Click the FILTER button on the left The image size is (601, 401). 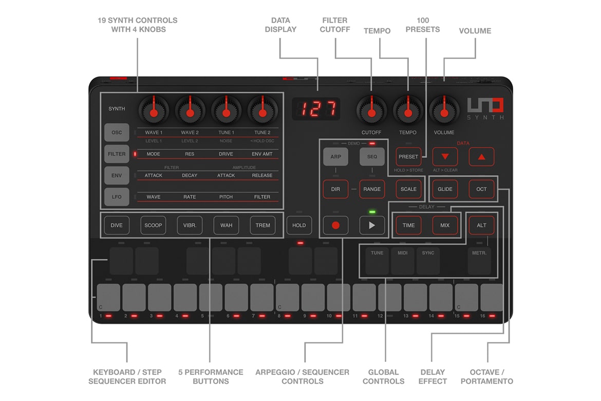coord(117,154)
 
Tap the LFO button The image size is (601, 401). coord(117,197)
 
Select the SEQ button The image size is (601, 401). coord(372,157)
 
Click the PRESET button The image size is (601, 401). coord(408,157)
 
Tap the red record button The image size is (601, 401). coord(335,225)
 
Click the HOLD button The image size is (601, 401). coord(299,225)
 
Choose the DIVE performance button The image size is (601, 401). coord(117,225)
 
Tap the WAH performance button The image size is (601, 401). coord(226,225)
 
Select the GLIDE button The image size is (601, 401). coord(445,189)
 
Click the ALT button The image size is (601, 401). coord(481,225)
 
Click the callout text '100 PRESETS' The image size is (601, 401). coord(422,25)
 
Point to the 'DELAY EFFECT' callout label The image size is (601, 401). coord(432,376)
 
